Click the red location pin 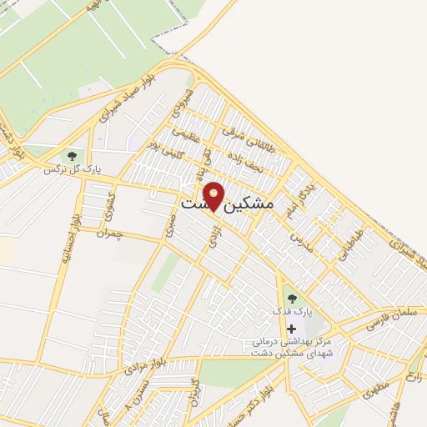tap(214, 195)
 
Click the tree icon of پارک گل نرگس tap(72, 155)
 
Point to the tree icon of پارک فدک tap(290, 299)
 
